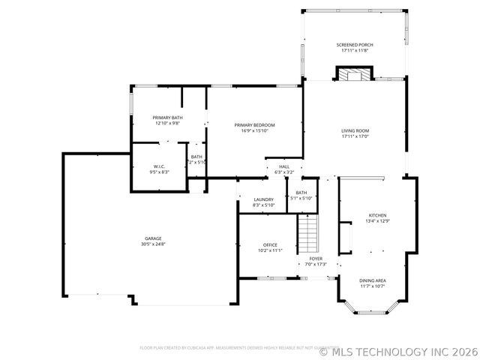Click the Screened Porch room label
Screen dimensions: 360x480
[355, 45]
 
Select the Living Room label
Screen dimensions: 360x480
[355, 130]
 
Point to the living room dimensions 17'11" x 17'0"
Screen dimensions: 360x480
[355, 136]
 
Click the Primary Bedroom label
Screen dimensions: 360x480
[254, 124]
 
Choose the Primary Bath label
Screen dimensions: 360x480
[167, 118]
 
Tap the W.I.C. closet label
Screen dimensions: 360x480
[159, 166]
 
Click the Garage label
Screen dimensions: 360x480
[153, 238]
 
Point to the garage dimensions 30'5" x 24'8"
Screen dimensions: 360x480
[153, 244]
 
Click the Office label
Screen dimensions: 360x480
[270, 244]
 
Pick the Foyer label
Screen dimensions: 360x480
[316, 259]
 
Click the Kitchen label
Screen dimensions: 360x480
[376, 215]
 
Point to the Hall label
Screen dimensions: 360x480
[283, 166]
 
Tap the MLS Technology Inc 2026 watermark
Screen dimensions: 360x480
[397, 350]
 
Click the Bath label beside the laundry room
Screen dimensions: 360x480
[301, 193]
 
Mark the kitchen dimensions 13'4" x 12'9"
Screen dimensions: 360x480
[376, 221]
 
